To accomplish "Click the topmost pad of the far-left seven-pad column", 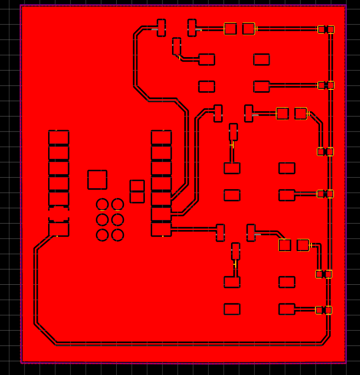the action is point(59,137).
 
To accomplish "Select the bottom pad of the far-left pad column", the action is point(59,229).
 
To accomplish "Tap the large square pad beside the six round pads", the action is point(97,180).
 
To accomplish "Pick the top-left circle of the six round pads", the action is point(103,205).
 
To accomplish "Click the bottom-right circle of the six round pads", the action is point(118,235).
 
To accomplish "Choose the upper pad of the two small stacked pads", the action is point(137,185).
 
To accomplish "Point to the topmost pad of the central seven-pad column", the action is point(161,137).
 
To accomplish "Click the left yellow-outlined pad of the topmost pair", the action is point(230,29).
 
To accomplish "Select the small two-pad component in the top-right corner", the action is point(326,29).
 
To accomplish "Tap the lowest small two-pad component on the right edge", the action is point(324,310).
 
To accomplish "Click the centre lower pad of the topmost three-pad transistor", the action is point(177,46).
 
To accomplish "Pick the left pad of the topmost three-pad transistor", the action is point(161,28).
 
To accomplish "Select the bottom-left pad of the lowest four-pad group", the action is point(232,309).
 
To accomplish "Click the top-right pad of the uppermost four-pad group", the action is point(261,59).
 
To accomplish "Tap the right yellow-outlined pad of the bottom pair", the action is point(303,245).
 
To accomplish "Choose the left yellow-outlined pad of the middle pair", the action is point(282,113).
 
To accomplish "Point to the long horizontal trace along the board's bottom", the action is point(182,344).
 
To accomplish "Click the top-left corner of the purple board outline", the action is point(21,5).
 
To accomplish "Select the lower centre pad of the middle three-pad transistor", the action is point(233,132).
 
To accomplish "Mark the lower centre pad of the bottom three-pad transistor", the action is point(236,251).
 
